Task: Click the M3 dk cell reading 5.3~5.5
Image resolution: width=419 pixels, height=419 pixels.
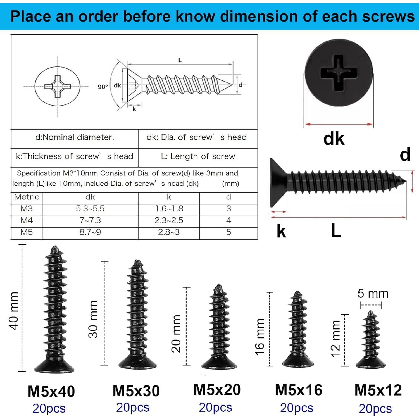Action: (x=90, y=209)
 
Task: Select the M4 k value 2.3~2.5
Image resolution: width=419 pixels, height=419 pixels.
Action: (x=169, y=220)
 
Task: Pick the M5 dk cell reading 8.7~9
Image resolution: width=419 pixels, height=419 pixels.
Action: (x=90, y=232)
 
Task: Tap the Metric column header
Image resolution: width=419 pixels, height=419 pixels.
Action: (x=27, y=197)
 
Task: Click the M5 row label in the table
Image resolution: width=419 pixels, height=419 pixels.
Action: (x=27, y=232)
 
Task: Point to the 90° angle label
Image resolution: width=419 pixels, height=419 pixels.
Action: (x=103, y=87)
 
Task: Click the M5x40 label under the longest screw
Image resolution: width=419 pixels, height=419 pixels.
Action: (x=51, y=391)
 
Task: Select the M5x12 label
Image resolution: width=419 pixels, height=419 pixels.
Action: (x=378, y=390)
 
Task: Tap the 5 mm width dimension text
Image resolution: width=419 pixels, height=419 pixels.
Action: (x=373, y=294)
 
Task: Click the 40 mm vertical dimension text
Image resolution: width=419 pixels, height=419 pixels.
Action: (x=14, y=311)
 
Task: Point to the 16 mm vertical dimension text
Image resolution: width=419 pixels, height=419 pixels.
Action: (x=260, y=337)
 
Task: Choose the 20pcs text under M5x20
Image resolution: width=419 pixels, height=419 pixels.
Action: (x=215, y=408)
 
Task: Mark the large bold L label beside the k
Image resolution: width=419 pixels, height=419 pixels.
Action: (x=336, y=231)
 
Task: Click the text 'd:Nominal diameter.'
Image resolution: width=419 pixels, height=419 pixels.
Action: (x=75, y=137)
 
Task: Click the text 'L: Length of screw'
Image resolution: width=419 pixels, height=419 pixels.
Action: (x=198, y=156)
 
